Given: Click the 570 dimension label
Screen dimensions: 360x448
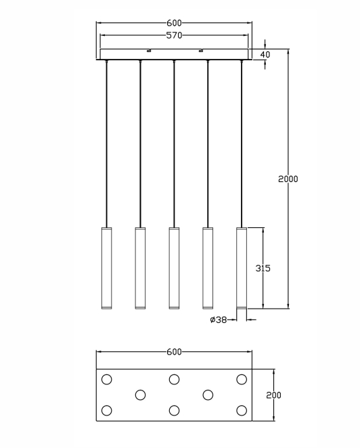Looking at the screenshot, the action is (174, 35).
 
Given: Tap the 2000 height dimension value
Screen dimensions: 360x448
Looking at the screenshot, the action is (288, 179).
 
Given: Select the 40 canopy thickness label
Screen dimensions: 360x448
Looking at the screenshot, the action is (265, 54).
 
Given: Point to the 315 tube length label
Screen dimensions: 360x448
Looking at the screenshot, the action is (263, 268).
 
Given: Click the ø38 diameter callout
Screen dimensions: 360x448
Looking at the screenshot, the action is (219, 319).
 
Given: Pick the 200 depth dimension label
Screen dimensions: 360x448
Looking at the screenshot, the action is (273, 395).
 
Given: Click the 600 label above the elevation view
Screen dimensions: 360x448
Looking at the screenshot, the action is (174, 22).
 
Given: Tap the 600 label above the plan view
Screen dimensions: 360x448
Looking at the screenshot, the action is (174, 352).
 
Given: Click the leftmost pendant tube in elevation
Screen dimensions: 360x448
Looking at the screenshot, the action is (106, 268).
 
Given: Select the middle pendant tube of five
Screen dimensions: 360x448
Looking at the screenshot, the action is (174, 268).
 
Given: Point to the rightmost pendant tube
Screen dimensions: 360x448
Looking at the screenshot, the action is (242, 268).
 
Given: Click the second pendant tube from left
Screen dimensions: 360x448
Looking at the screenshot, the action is (140, 268).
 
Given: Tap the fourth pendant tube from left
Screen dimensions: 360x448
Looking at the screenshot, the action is (208, 268).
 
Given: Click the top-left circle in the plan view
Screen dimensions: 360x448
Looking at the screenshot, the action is (106, 380).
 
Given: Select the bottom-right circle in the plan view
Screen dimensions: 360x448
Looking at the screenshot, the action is (242, 411).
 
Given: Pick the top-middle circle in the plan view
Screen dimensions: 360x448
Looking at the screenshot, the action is (175, 380).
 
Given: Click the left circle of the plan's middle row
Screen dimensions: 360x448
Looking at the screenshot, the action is (140, 395).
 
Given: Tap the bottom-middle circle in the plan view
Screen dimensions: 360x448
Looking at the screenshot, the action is (175, 411).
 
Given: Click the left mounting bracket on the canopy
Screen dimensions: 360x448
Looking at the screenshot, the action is (149, 51).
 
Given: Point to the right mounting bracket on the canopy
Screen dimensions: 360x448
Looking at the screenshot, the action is (200, 51).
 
